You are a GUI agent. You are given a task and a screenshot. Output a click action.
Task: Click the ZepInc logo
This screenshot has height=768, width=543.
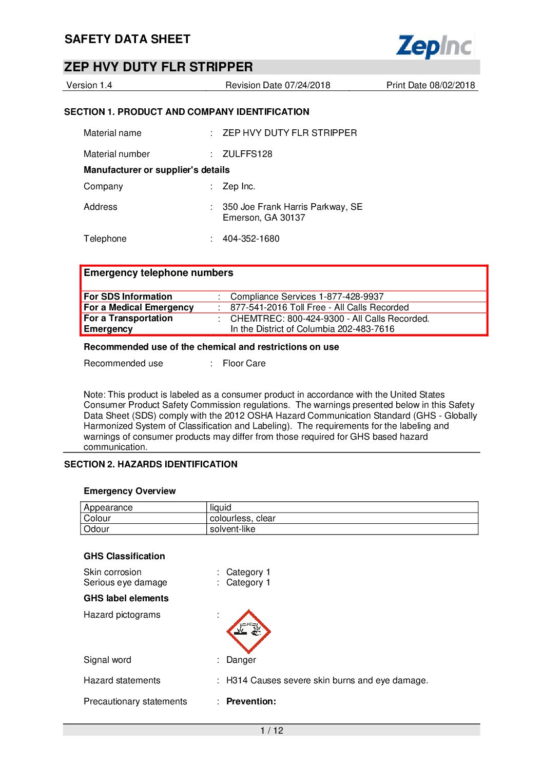click(435, 46)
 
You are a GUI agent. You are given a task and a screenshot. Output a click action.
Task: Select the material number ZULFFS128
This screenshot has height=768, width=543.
click(247, 154)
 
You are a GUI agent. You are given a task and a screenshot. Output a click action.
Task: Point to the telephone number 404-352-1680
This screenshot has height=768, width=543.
click(251, 239)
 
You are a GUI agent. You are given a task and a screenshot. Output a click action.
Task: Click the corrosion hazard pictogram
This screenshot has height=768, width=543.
click(248, 632)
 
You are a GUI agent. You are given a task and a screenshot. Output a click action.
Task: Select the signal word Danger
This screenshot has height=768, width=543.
click(241, 660)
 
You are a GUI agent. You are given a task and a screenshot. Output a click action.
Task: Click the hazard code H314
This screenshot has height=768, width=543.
click(237, 680)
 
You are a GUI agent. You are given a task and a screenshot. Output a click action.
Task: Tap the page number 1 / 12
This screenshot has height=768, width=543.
click(271, 731)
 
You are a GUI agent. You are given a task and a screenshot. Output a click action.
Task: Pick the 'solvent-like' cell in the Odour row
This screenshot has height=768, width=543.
click(232, 529)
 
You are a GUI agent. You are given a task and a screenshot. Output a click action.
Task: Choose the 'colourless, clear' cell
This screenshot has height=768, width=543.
click(242, 518)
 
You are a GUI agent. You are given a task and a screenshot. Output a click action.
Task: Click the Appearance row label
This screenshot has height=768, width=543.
click(108, 507)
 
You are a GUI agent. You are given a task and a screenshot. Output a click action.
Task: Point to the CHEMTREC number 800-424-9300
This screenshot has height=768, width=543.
click(316, 319)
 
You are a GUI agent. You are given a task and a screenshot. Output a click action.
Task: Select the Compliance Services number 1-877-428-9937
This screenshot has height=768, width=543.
click(351, 297)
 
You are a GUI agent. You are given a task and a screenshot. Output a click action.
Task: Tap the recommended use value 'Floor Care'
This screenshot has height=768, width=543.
click(244, 363)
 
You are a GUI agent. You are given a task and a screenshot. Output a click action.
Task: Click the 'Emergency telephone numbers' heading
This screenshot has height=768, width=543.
click(158, 273)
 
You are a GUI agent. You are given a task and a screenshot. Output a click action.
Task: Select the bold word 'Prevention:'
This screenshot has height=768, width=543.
click(251, 701)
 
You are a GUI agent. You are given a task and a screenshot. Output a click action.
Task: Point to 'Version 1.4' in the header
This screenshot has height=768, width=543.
click(89, 85)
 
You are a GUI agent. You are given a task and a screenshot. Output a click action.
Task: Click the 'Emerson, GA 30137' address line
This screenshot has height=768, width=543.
click(264, 218)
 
